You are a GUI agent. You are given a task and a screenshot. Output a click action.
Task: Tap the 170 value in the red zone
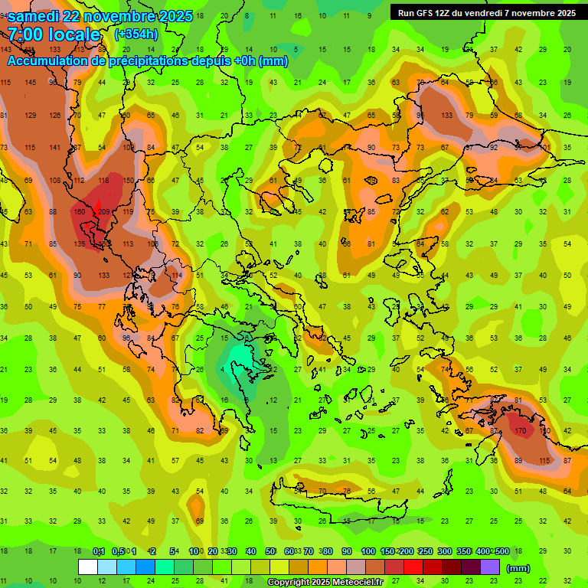520,431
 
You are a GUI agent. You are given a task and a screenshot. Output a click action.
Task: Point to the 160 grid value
79,212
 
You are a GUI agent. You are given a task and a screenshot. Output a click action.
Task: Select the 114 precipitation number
177,275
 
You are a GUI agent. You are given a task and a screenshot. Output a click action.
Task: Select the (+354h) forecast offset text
136,34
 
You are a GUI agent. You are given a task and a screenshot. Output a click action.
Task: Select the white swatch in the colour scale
88,567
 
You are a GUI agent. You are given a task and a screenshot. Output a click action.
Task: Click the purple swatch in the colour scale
490,567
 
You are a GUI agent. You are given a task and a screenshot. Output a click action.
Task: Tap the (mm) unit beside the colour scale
518,568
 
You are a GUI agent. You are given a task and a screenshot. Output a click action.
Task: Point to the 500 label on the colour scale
501,552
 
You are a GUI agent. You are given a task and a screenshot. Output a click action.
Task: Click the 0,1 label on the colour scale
98,552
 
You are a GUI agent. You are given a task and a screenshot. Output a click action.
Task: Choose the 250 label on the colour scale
424,552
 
